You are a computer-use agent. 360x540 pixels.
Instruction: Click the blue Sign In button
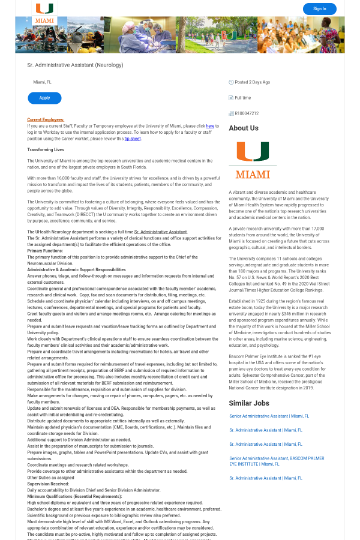pos(319,9)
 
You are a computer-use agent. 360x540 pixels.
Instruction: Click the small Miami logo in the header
pos(44,13)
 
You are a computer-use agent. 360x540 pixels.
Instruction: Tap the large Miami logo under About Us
pos(253,160)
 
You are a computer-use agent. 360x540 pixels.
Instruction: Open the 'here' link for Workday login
pos(210,126)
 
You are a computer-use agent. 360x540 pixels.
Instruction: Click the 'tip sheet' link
pos(133,139)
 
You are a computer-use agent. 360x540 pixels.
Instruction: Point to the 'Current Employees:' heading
pos(46,119)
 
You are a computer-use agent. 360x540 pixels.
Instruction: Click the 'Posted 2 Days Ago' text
pos(252,82)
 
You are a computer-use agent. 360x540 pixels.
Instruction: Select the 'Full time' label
pos(242,98)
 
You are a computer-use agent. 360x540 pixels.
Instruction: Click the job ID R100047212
pos(247,113)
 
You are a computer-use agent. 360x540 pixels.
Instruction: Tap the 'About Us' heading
pos(244,128)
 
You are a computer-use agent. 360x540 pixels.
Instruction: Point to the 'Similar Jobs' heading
pos(248,403)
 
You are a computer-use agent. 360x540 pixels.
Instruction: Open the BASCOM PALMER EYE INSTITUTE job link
pos(276,461)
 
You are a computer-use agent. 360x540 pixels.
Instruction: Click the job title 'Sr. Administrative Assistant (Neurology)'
pos(75,65)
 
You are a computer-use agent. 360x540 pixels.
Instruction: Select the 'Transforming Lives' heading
pos(46,149)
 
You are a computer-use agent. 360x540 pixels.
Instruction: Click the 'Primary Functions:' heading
pos(45,251)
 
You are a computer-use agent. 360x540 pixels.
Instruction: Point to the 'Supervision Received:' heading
pos(48,484)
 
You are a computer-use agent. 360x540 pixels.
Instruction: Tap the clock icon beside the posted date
pos(231,82)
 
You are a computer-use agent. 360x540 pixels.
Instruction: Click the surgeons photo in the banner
pos(148,35)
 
